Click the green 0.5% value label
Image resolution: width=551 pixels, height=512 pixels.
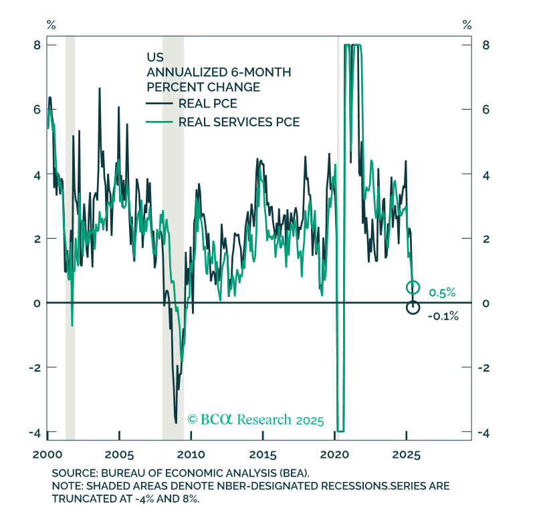442,292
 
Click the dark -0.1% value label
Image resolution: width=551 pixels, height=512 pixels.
443,316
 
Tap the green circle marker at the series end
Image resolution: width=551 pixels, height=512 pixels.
413,287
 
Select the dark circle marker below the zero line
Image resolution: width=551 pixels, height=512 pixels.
413,307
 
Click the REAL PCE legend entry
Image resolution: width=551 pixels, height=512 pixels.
191,104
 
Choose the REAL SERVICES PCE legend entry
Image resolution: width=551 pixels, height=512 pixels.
223,122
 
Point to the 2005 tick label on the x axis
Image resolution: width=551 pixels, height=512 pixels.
119,455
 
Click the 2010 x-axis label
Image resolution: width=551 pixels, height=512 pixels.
191,455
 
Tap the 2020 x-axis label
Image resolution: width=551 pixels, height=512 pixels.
334,455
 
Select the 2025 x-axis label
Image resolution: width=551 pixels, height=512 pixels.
406,455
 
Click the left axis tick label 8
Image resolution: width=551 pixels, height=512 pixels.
37,45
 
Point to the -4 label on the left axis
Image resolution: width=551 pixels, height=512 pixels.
35,432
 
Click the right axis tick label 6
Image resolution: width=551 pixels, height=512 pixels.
485,110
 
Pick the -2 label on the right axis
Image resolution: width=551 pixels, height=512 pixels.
483,368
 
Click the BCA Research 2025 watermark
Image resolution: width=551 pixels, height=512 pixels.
255,420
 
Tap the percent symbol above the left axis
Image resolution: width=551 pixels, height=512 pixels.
51,25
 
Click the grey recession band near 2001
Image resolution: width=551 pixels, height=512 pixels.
70,238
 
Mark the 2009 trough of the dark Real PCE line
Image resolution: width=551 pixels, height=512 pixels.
176,422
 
